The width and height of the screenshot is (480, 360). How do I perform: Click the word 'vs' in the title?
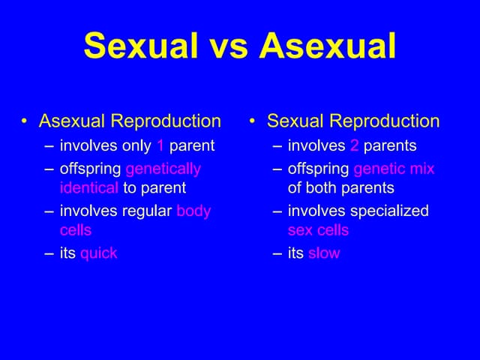click(x=223, y=46)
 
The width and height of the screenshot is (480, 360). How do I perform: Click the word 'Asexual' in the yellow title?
click(x=327, y=46)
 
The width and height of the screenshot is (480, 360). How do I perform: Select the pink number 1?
click(x=160, y=145)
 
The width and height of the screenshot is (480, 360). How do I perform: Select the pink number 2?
click(x=354, y=145)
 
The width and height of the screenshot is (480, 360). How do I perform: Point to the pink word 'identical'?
click(x=89, y=187)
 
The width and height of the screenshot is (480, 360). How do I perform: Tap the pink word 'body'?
click(x=193, y=211)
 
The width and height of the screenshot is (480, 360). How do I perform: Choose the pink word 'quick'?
click(x=98, y=253)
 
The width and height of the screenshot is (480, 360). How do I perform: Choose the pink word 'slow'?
click(x=324, y=253)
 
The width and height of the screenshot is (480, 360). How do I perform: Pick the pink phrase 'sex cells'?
click(x=318, y=229)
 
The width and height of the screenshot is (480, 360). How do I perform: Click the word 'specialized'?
click(x=390, y=211)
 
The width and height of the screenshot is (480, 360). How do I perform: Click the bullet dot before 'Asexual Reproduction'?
click(x=25, y=121)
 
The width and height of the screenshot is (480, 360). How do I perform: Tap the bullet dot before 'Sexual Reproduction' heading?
click(x=254, y=121)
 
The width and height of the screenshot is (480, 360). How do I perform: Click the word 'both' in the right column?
click(x=323, y=187)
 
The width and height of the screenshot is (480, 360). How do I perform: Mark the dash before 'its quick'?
click(x=49, y=253)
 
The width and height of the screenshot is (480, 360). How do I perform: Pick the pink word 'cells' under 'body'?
click(x=76, y=229)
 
